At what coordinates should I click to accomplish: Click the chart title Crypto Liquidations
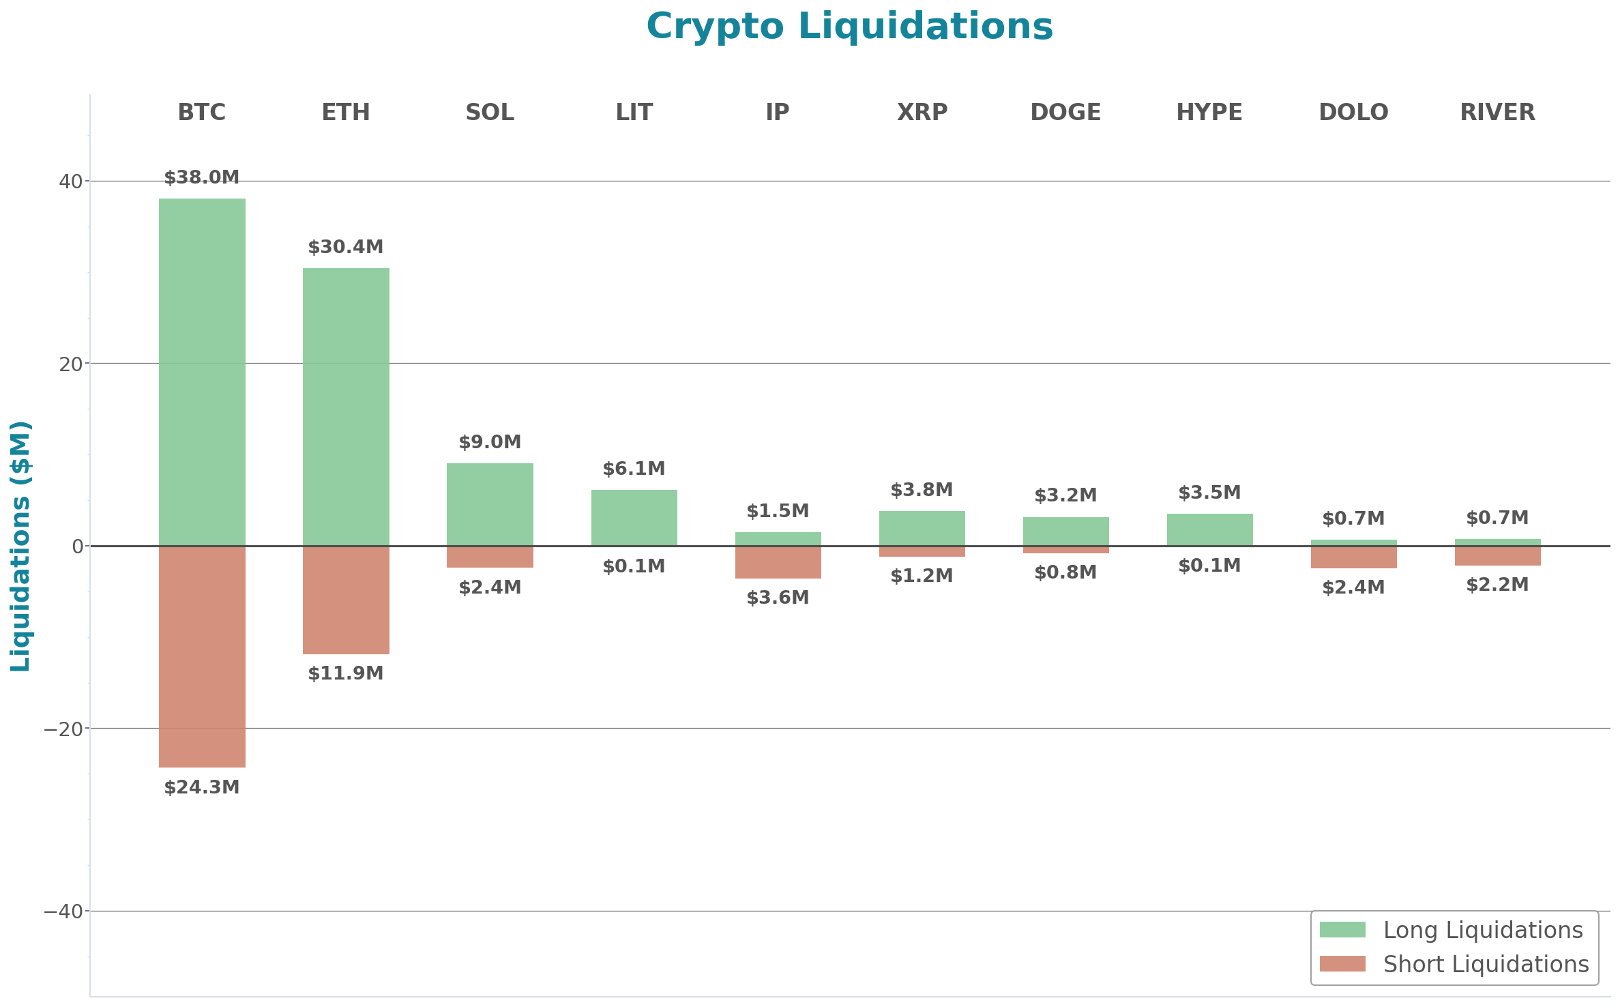click(x=849, y=27)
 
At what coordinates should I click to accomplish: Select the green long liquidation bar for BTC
click(x=202, y=372)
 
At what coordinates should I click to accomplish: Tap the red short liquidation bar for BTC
click(x=202, y=656)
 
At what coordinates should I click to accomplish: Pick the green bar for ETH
click(x=346, y=407)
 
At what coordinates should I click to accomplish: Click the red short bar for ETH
click(x=346, y=600)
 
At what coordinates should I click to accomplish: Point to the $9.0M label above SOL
click(x=490, y=442)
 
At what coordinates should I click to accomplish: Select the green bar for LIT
click(x=634, y=517)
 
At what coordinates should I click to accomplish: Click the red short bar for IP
click(x=778, y=562)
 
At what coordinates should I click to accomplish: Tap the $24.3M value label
click(x=202, y=787)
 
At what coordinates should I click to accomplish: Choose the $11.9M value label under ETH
click(x=346, y=673)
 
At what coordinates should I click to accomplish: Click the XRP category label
click(x=922, y=112)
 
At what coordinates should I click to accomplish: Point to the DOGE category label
click(x=1065, y=112)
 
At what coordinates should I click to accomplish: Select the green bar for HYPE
click(x=1209, y=529)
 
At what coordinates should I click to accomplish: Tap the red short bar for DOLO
click(x=1353, y=557)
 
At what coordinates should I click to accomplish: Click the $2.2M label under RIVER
click(x=1497, y=585)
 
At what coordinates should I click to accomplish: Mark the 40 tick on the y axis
click(x=70, y=181)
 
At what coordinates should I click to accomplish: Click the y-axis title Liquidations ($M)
click(x=20, y=546)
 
